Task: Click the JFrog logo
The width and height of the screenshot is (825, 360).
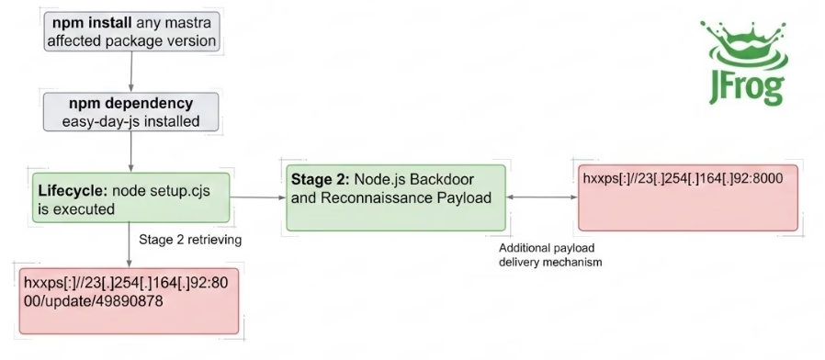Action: tap(744, 62)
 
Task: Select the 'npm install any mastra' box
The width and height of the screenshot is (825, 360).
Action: tap(131, 31)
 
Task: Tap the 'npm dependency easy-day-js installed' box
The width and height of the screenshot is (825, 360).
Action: tap(131, 111)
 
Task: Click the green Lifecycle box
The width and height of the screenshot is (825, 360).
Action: tap(131, 197)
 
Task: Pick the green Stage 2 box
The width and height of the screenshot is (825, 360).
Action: tap(396, 197)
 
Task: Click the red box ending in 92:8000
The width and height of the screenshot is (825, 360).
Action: tap(688, 197)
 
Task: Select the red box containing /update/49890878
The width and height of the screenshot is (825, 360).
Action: tap(129, 301)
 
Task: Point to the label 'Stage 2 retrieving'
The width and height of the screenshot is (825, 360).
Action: tap(190, 240)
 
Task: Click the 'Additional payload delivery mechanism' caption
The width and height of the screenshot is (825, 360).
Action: tap(550, 254)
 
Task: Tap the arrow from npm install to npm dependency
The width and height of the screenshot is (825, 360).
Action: tap(131, 73)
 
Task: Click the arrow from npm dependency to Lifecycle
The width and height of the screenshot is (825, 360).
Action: tap(131, 152)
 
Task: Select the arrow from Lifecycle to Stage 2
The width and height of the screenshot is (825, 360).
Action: tap(258, 197)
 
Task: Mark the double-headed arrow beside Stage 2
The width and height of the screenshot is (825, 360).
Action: tap(542, 197)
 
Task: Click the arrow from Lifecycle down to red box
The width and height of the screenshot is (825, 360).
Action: tap(129, 244)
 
